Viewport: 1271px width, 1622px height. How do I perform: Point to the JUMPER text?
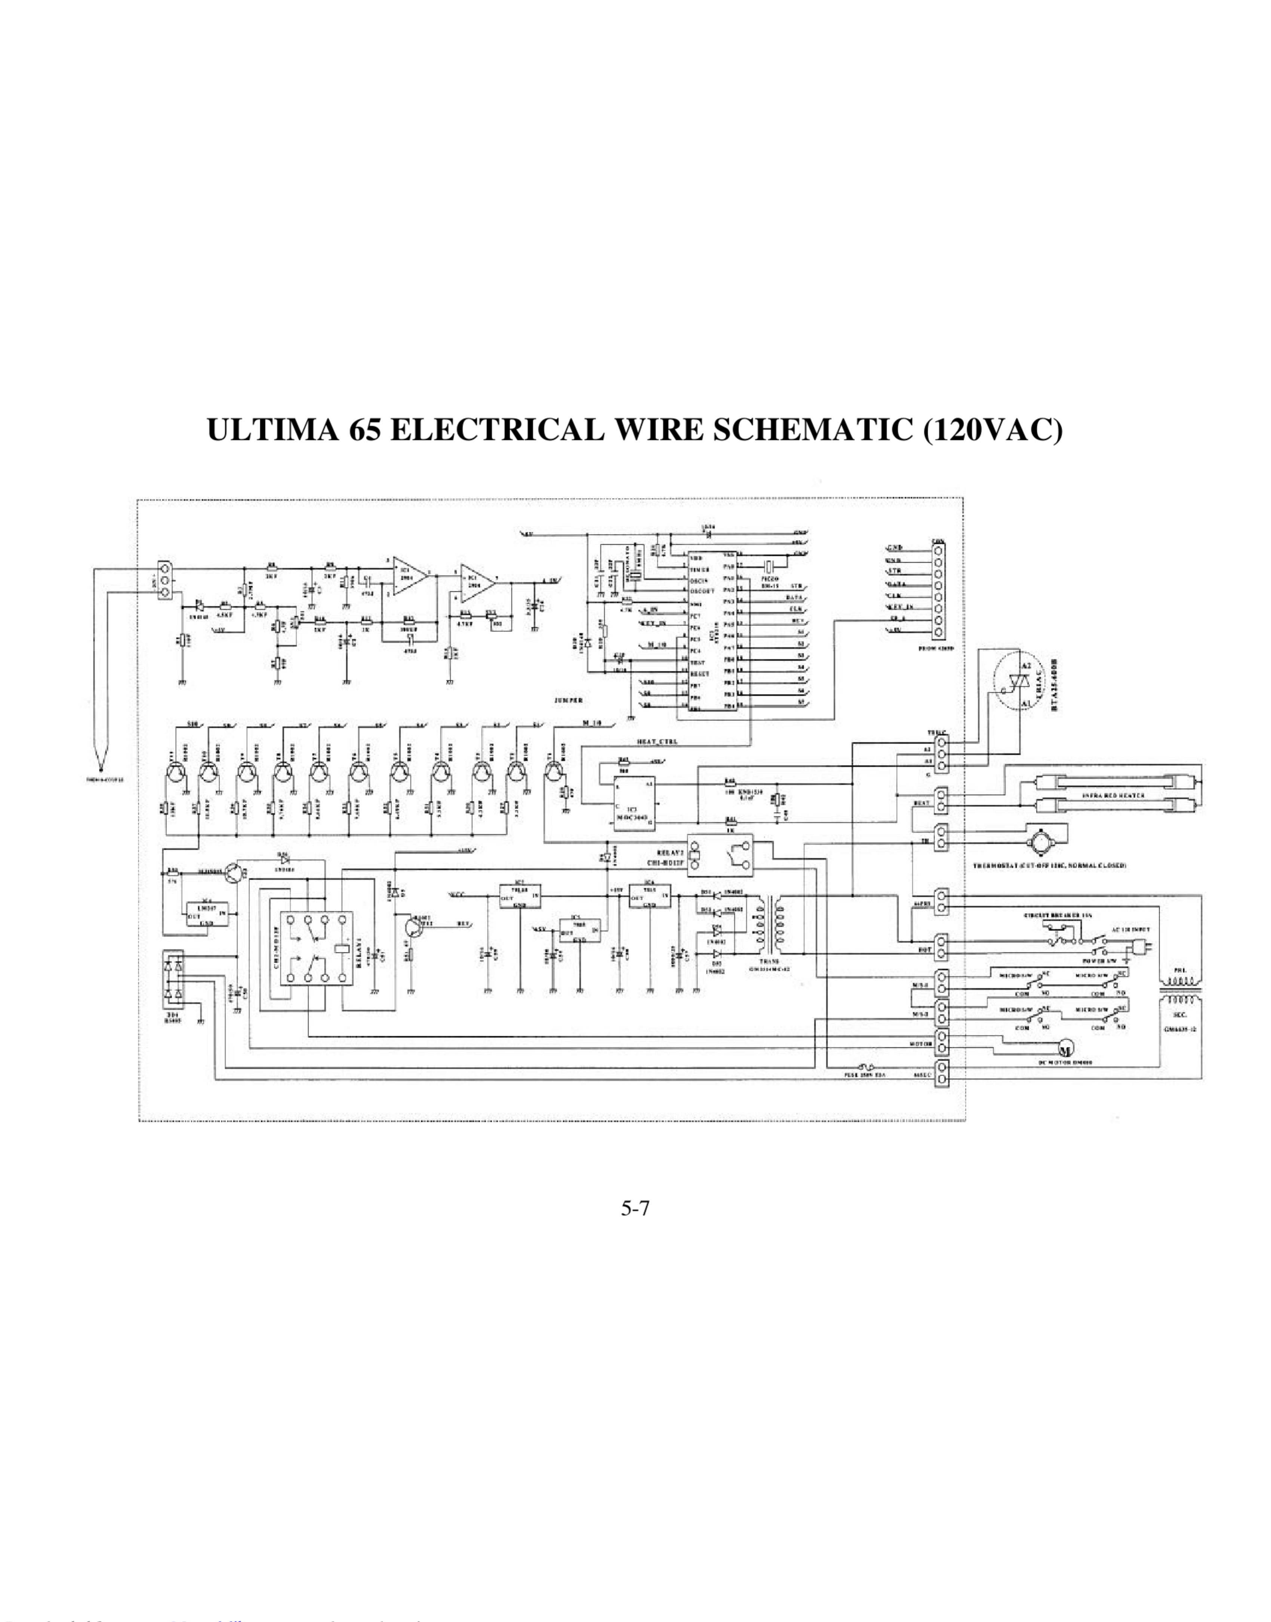pos(569,701)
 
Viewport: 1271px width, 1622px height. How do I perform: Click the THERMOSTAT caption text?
pos(1049,867)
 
